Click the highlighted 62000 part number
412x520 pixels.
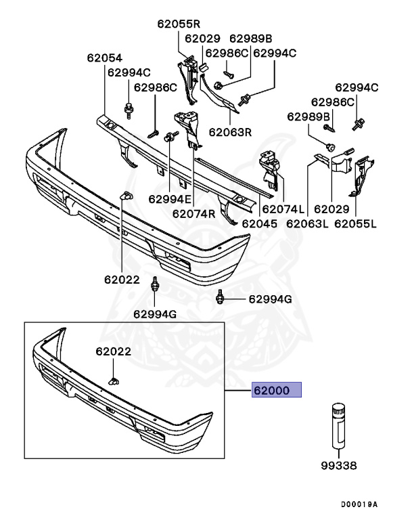pyautogui.click(x=275, y=391)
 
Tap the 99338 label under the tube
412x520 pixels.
pyautogui.click(x=340, y=466)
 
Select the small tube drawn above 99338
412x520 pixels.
pyautogui.click(x=339, y=426)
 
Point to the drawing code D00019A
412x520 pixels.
pyautogui.click(x=359, y=504)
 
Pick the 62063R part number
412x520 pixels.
pyautogui.click(x=230, y=132)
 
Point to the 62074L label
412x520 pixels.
pyautogui.click(x=283, y=210)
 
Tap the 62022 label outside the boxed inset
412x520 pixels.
pyautogui.click(x=122, y=279)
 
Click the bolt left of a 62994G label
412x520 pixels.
pyautogui.click(x=221, y=297)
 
